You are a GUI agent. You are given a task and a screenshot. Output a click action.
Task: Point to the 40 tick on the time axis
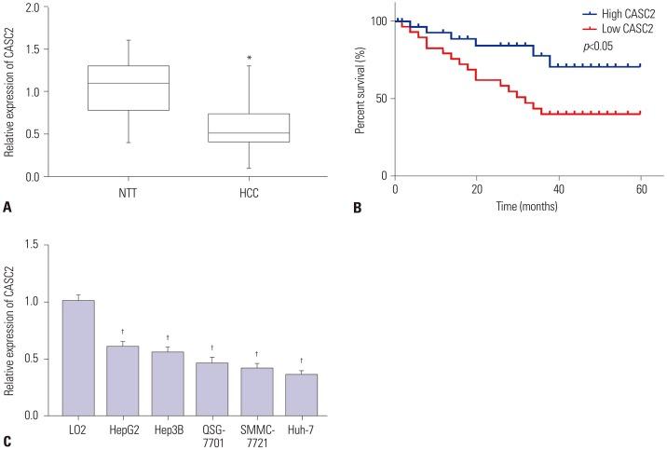click(558, 190)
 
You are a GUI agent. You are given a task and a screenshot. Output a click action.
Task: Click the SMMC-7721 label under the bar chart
click(257, 435)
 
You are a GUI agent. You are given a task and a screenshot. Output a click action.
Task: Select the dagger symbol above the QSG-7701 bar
click(212, 348)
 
